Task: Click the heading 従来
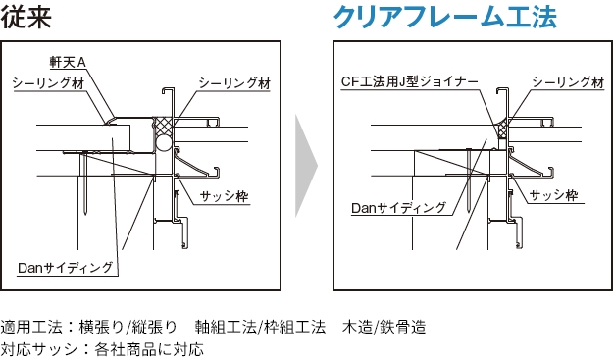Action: (26, 17)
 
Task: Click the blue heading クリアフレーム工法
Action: (445, 17)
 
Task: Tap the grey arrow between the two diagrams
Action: (306, 166)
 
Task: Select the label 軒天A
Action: (68, 62)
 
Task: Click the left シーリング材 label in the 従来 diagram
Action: (49, 83)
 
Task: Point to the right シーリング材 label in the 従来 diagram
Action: (234, 83)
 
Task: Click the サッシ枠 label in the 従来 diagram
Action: (224, 196)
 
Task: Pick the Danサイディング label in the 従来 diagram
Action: (66, 268)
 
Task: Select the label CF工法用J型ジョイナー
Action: (410, 81)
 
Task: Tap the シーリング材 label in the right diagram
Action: (568, 82)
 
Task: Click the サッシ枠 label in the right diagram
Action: (554, 195)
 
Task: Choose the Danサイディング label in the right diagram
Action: (398, 208)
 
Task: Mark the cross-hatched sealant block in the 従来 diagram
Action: (163, 127)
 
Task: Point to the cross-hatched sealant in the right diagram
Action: (501, 129)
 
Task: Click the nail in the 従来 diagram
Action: (84, 182)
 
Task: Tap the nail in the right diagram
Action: (468, 180)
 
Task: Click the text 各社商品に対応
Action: (149, 348)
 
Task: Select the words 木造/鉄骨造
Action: (384, 327)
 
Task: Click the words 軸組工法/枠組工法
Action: (260, 327)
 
